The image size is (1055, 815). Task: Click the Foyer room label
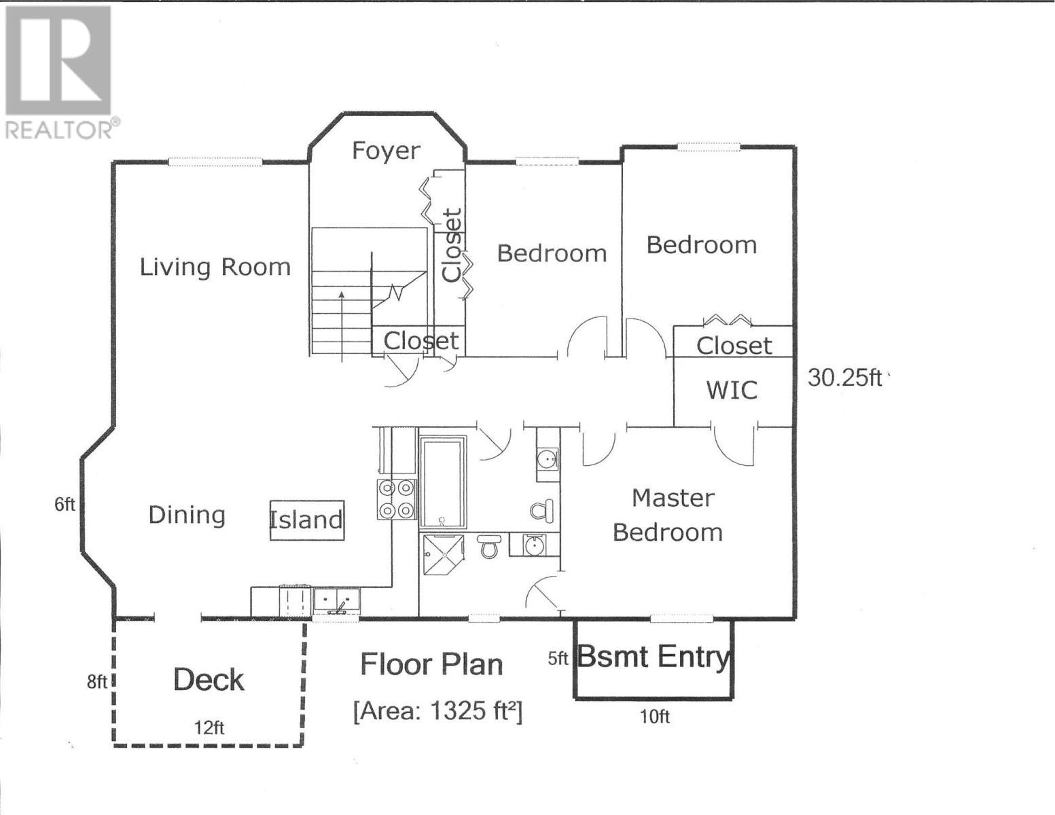pos(385,151)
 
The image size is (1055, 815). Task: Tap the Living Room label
pos(215,267)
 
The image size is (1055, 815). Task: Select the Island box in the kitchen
pos(307,520)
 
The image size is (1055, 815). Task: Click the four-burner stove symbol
pos(397,499)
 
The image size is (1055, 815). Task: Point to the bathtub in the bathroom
pos(443,482)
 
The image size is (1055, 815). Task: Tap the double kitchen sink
pos(336,602)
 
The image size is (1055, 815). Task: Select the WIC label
pos(732,391)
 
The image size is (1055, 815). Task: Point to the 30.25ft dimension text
pos(844,377)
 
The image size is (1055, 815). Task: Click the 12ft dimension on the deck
pos(209,727)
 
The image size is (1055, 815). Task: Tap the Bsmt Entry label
pos(654,657)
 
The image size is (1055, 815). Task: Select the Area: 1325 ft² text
pos(438,712)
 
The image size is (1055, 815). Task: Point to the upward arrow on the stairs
pos(341,327)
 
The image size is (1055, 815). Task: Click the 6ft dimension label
pos(65,505)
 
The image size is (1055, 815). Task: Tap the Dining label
pos(187,515)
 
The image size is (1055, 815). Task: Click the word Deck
pos(209,680)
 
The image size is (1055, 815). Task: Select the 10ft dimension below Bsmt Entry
pos(654,717)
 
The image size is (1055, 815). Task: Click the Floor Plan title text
pos(431,664)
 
